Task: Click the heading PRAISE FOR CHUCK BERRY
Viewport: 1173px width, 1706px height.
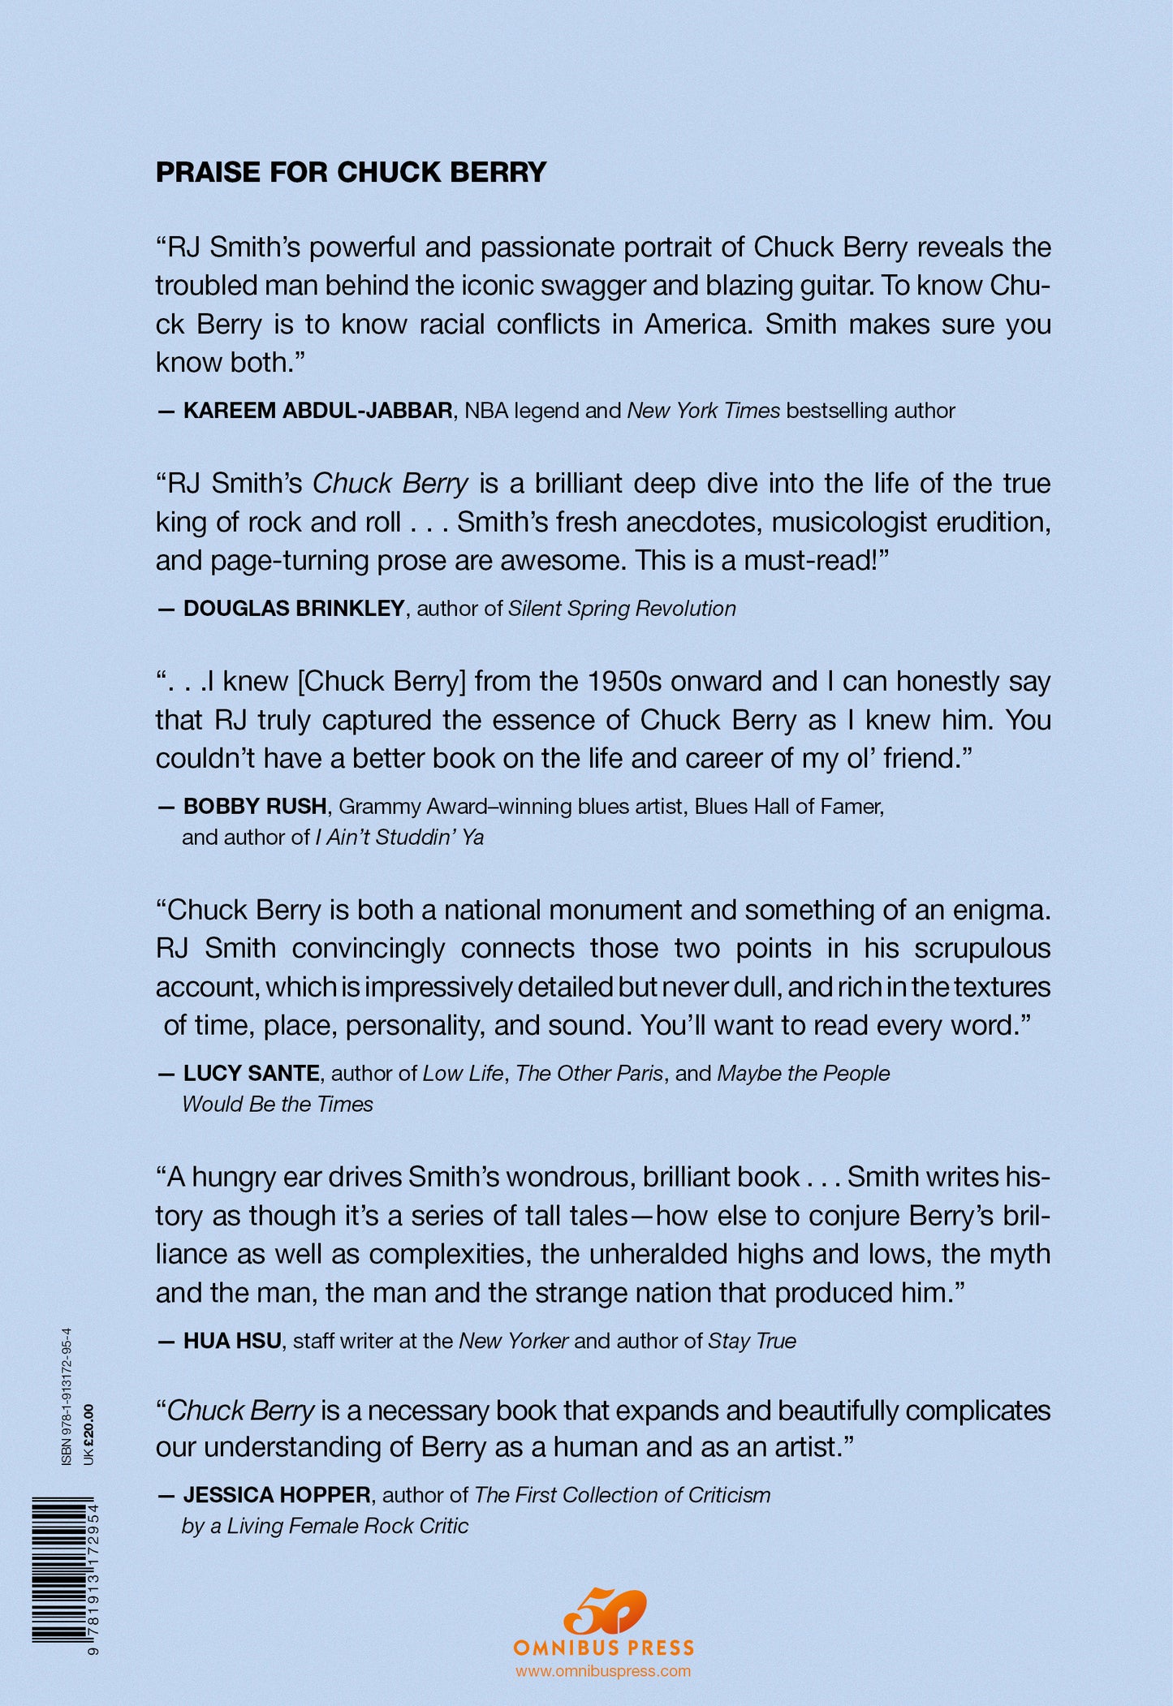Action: pyautogui.click(x=351, y=172)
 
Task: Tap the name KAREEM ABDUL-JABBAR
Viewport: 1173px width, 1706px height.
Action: pyautogui.click(x=317, y=411)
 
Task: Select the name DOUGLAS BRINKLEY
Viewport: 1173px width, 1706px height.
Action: pyautogui.click(x=294, y=609)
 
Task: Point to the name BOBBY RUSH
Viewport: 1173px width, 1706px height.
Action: pyautogui.click(x=255, y=806)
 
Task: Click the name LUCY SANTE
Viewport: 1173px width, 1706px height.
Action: pyautogui.click(x=251, y=1073)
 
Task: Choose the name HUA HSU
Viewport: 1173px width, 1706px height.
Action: pyautogui.click(x=232, y=1341)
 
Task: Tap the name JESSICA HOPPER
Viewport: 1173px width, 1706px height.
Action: pyautogui.click(x=277, y=1495)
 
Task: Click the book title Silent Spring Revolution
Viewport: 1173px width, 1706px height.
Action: pyautogui.click(x=622, y=609)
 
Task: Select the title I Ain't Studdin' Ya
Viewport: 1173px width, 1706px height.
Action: pyautogui.click(x=399, y=837)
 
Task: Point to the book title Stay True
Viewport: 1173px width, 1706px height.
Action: pyautogui.click(x=752, y=1341)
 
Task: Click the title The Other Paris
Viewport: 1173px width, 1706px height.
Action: pyautogui.click(x=589, y=1073)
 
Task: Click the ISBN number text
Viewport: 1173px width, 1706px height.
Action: pyautogui.click(x=67, y=1396)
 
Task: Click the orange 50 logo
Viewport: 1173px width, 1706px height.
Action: pyautogui.click(x=604, y=1612)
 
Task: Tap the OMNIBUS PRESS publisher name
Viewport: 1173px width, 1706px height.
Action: pyautogui.click(x=604, y=1647)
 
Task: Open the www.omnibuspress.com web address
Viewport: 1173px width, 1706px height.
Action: pyautogui.click(x=603, y=1670)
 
